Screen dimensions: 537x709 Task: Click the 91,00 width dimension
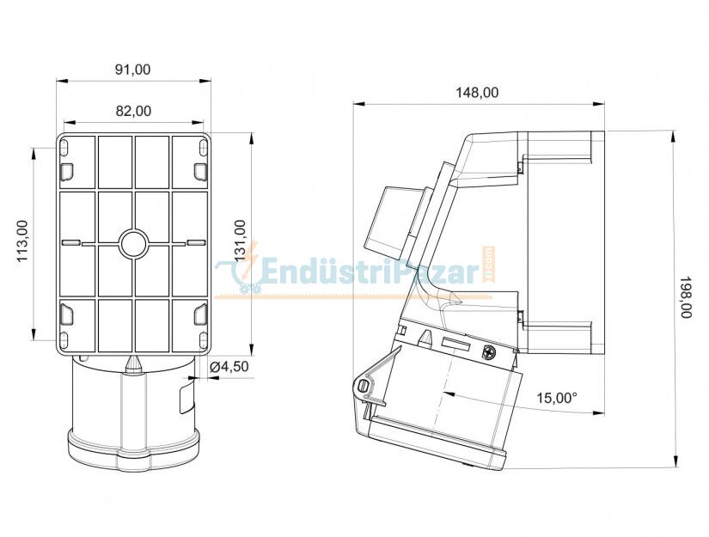click(132, 70)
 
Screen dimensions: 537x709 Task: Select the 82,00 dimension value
click(132, 111)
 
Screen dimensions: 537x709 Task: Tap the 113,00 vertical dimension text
click(23, 241)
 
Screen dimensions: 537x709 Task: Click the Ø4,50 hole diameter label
click(229, 367)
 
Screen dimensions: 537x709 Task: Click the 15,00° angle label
click(557, 398)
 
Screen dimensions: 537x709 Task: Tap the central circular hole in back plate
click(133, 244)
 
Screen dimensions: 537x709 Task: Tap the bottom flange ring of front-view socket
click(132, 448)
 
